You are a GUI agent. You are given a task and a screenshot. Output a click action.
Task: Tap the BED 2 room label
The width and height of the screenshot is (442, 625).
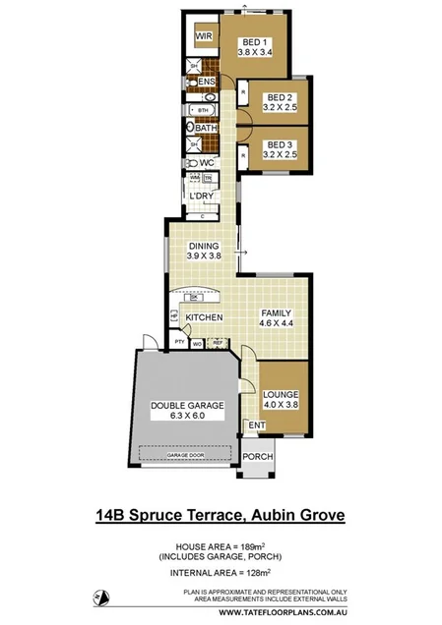pos(281,97)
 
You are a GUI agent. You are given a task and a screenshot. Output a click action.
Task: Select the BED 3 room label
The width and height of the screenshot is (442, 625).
pos(281,144)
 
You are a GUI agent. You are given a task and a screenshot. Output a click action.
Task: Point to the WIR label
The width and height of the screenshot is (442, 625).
pos(204,36)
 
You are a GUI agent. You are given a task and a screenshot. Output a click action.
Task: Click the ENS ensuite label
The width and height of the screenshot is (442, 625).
pos(207,82)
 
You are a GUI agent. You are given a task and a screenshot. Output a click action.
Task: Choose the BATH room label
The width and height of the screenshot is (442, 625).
pos(207,128)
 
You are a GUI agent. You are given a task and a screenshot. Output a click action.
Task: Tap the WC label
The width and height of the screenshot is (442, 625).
pos(207,163)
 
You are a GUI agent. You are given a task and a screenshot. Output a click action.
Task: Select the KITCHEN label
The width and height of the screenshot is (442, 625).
pos(204,317)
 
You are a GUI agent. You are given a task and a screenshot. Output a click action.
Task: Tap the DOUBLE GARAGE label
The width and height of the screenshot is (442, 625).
pos(187,405)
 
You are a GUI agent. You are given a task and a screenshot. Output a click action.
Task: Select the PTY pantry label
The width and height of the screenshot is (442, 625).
pos(179,343)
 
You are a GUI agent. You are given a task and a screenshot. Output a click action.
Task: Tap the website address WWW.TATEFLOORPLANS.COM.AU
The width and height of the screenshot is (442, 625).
pos(283,610)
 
